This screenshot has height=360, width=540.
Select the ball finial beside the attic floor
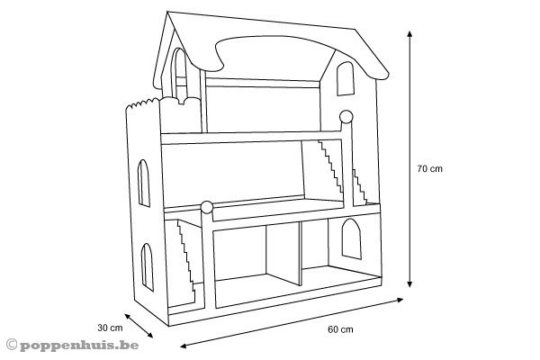pos(345,114)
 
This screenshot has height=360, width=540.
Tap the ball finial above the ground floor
pos(207,207)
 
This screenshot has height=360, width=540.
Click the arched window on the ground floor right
pos(351,240)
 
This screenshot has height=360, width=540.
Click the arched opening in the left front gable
pos(179,76)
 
